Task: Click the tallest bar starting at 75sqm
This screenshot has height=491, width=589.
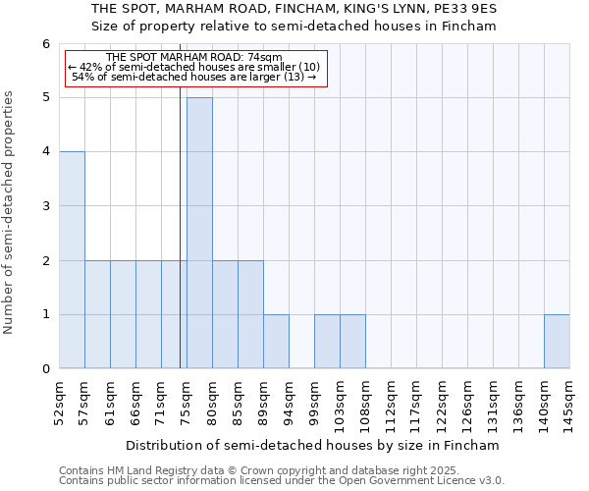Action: click(x=199, y=233)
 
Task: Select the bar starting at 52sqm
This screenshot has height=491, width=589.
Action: click(x=72, y=260)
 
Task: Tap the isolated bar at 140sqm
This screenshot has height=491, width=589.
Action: click(x=557, y=342)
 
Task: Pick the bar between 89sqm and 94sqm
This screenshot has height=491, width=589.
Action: click(x=276, y=342)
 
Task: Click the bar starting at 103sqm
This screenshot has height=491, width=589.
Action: click(x=352, y=342)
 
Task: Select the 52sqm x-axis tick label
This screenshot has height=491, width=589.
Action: click(x=60, y=403)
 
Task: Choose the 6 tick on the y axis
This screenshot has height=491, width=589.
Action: click(x=45, y=44)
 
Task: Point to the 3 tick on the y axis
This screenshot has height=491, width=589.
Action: click(x=45, y=206)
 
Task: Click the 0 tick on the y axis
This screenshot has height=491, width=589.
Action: click(x=45, y=369)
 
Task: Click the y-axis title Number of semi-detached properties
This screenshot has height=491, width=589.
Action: click(x=10, y=212)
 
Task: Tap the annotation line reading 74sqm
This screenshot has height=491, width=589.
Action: click(x=193, y=58)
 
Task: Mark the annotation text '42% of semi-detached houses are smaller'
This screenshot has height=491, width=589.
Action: click(x=194, y=67)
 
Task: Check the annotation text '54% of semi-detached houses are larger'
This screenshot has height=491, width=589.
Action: click(x=194, y=77)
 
